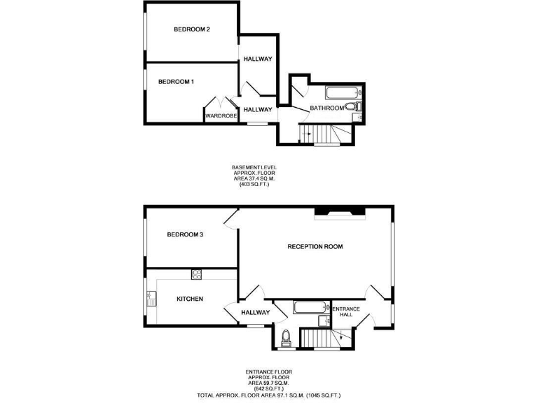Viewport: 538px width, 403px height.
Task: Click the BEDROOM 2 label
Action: tap(193, 29)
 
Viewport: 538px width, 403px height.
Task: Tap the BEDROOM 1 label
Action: tap(176, 82)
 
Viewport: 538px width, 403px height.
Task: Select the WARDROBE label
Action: tap(221, 116)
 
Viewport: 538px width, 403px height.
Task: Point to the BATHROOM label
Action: tap(327, 108)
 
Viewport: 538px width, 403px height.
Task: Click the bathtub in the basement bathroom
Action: tap(343, 92)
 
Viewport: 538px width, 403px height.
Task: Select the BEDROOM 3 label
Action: tap(185, 234)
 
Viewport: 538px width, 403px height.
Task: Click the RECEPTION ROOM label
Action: tap(315, 246)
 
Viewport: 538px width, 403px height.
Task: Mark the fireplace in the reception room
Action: tap(339, 212)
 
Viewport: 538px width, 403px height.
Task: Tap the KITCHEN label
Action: tap(190, 299)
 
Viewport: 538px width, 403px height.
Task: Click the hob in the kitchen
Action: tap(196, 274)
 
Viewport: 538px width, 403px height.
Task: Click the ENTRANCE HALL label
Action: tap(346, 312)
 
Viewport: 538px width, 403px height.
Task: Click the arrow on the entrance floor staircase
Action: tap(341, 339)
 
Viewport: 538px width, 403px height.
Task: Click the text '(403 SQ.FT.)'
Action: tap(254, 185)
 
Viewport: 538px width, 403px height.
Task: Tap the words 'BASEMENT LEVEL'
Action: tap(254, 167)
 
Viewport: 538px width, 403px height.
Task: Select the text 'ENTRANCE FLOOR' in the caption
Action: tap(269, 372)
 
